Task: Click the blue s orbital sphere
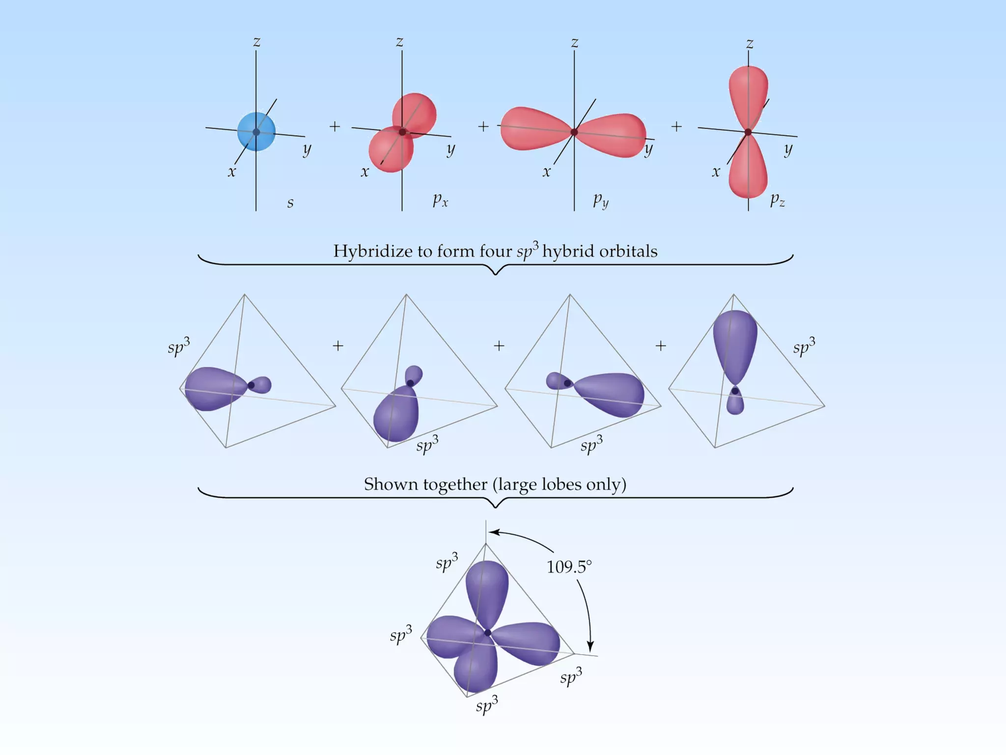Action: point(256,132)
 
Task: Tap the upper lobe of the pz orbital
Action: point(748,93)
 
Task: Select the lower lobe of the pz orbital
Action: point(748,170)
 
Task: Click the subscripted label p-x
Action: point(440,200)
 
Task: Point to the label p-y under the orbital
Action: point(601,200)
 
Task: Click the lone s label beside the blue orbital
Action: point(290,202)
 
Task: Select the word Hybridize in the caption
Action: point(373,251)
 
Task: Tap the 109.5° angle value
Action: point(569,567)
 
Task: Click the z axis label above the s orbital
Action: point(256,42)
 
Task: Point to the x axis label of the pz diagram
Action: point(716,172)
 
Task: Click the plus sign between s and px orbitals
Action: point(335,126)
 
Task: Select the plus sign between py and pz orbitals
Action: point(676,126)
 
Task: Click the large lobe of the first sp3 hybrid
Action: point(214,388)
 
